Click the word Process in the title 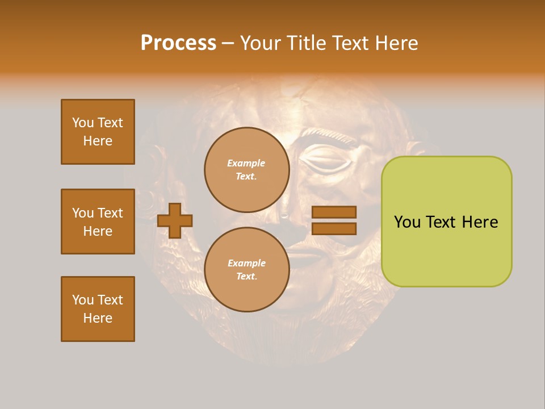(x=178, y=43)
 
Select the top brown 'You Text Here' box (x=98, y=132)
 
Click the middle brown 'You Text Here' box (x=98, y=222)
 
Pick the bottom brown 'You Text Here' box (x=98, y=309)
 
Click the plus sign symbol (x=175, y=220)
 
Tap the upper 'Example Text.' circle (x=247, y=170)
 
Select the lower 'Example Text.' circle (x=247, y=270)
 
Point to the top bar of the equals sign (x=334, y=212)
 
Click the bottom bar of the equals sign (x=334, y=229)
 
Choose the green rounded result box (x=446, y=222)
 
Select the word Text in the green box (x=441, y=222)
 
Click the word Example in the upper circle (x=246, y=164)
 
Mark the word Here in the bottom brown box (x=98, y=318)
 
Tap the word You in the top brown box (x=82, y=123)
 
